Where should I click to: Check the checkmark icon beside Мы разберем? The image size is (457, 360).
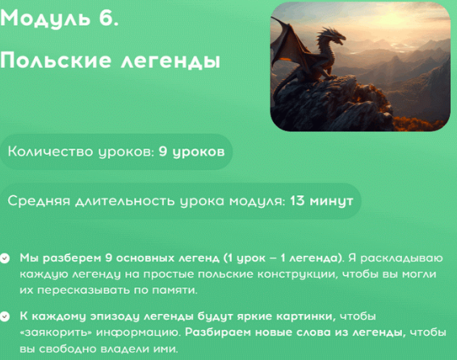7,259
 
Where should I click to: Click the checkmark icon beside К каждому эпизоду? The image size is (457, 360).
7,316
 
